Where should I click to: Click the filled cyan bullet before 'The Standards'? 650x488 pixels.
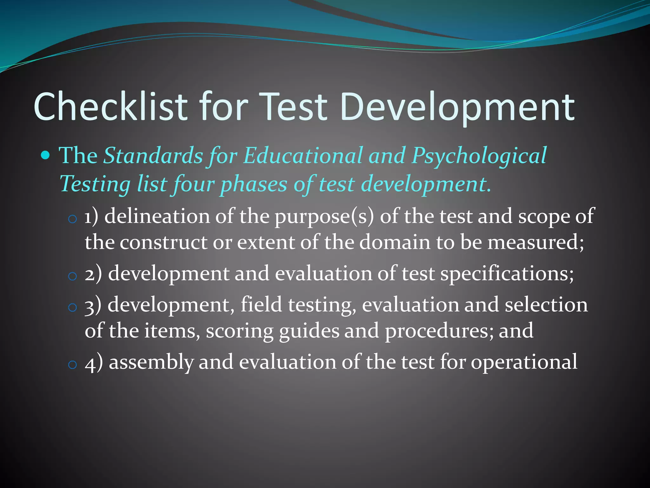coord(46,156)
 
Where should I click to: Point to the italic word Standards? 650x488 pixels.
coord(153,156)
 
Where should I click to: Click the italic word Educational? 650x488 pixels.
coord(303,156)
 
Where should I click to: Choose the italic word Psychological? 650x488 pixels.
coord(479,156)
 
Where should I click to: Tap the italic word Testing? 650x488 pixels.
coord(95,184)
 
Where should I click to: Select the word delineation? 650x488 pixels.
coord(157,216)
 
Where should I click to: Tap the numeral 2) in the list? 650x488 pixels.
coord(93,274)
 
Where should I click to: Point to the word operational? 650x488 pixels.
coord(524,362)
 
